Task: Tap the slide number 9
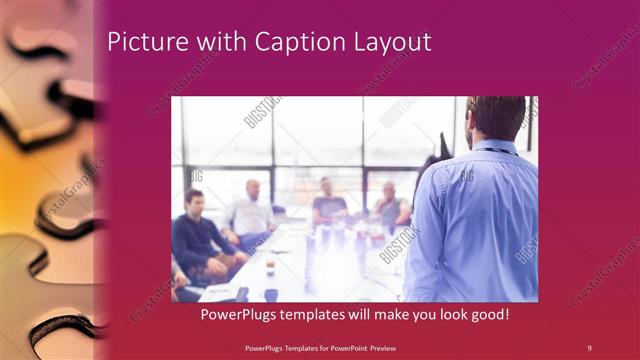click(x=589, y=347)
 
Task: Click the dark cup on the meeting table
click(x=271, y=294)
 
